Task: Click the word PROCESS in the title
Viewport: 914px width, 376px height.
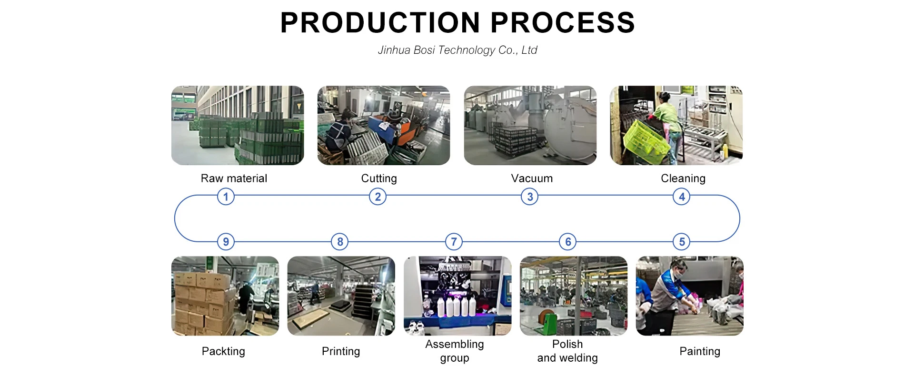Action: click(563, 22)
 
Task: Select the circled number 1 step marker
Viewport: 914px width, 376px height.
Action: click(226, 197)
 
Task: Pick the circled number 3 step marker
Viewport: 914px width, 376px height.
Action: click(529, 197)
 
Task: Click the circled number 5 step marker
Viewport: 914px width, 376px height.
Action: click(682, 242)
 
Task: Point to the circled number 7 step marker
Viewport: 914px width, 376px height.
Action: click(454, 242)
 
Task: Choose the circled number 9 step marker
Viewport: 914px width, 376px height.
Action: click(226, 242)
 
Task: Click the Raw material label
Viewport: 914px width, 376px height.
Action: click(234, 178)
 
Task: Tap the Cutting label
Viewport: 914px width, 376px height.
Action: click(379, 178)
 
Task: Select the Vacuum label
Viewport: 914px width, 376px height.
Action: click(532, 178)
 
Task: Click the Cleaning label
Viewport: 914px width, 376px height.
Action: click(683, 178)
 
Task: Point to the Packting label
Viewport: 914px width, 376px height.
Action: click(223, 351)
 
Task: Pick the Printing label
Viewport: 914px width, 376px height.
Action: click(341, 351)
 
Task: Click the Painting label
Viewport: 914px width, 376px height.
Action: click(700, 351)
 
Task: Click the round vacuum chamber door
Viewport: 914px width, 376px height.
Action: click(571, 126)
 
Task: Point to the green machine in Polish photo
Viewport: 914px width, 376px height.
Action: click(548, 322)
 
